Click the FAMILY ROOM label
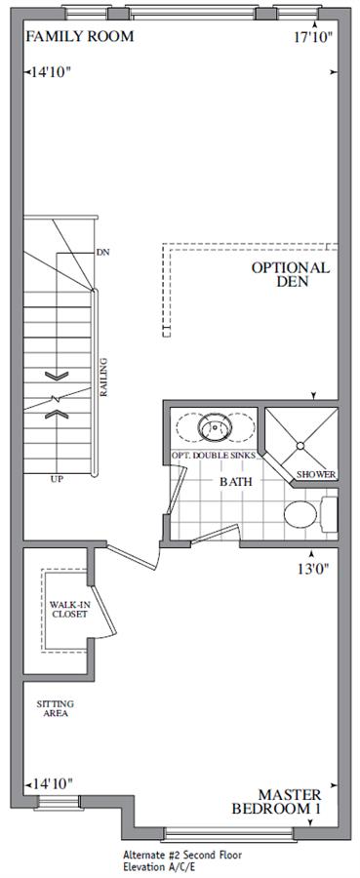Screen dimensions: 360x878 pyautogui.click(x=81, y=36)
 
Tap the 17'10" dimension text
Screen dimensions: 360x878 pyautogui.click(x=313, y=37)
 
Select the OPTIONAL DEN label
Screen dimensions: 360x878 pyautogui.click(x=291, y=274)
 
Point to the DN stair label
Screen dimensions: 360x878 pyautogui.click(x=102, y=252)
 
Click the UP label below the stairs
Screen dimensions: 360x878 pyautogui.click(x=57, y=479)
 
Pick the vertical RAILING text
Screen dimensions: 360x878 pyautogui.click(x=103, y=377)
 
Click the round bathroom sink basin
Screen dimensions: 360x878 pyautogui.click(x=215, y=426)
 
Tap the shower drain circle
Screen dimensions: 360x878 pyautogui.click(x=300, y=446)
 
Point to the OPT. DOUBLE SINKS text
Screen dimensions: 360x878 pyautogui.click(x=216, y=456)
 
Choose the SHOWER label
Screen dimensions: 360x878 pyautogui.click(x=316, y=475)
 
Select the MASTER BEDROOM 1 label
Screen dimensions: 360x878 pyautogui.click(x=277, y=802)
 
